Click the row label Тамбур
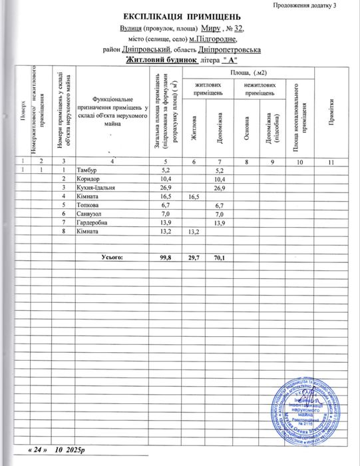click(x=86, y=171)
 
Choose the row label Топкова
click(x=88, y=205)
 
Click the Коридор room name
click(x=89, y=180)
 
